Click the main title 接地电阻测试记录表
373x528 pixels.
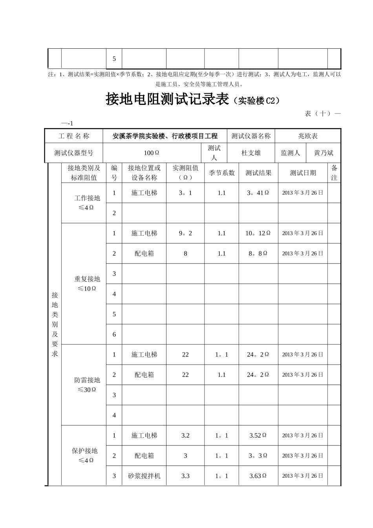tap(167, 99)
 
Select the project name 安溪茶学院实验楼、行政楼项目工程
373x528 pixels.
tap(165, 136)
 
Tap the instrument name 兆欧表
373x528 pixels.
tap(308, 136)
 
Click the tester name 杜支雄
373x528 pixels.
tap(251, 153)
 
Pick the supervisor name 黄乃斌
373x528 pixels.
tap(324, 153)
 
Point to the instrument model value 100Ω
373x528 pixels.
tap(151, 153)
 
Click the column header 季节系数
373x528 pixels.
tap(221, 173)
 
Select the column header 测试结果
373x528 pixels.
tap(258, 173)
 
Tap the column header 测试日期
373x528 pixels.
tap(303, 173)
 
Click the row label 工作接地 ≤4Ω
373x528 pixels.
tap(87, 203)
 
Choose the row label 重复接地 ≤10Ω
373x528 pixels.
tap(87, 284)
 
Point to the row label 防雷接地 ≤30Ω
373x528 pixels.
tap(87, 385)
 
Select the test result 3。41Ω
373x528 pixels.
tap(258, 193)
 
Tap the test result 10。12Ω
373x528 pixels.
tap(258, 233)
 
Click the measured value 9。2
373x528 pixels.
tap(185, 233)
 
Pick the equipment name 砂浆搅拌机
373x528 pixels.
tap(144, 476)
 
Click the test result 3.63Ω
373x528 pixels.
tap(258, 476)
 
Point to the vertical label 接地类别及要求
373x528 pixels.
tap(55, 324)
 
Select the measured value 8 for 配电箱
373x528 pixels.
tap(185, 253)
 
